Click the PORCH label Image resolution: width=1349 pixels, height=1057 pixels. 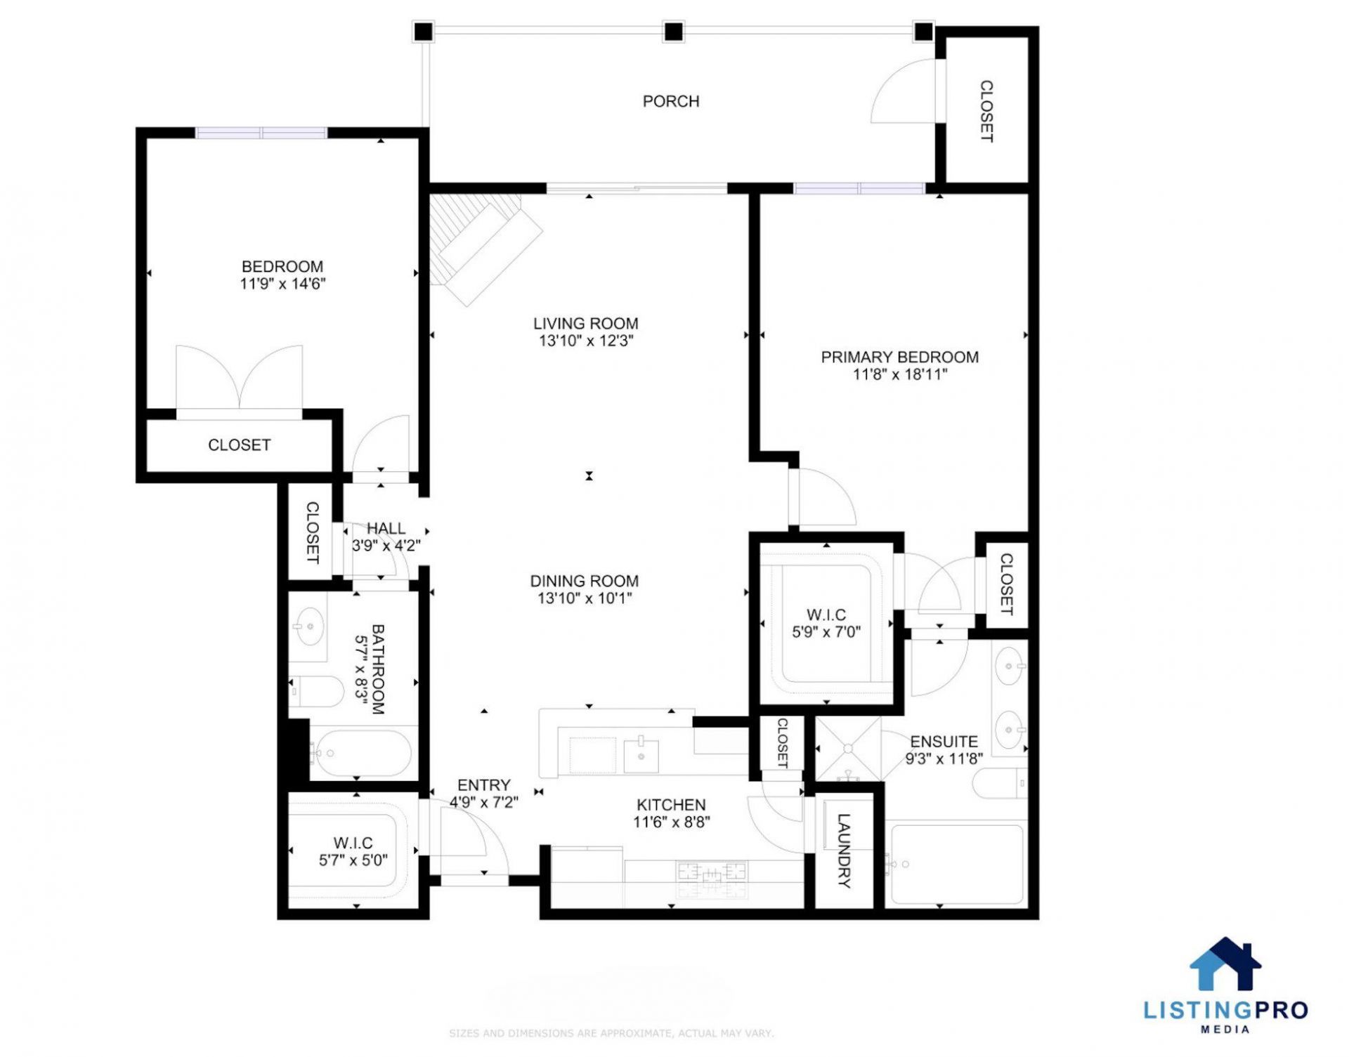(671, 101)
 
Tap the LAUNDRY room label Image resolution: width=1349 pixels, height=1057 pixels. (844, 851)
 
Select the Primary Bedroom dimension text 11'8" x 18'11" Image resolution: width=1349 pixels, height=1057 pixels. (900, 374)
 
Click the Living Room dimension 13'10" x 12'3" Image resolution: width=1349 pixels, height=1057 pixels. (586, 341)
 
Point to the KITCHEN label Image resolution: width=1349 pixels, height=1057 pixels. (671, 805)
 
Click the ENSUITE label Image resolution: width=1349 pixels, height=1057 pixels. (944, 742)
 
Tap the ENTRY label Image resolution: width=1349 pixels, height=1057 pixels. (483, 785)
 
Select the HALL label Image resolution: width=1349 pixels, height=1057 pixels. (386, 528)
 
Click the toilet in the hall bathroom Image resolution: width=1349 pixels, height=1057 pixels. (315, 691)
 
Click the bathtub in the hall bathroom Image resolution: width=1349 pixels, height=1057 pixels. (360, 754)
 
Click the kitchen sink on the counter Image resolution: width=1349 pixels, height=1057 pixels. (641, 756)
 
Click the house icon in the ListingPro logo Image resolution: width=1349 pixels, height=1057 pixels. (1225, 964)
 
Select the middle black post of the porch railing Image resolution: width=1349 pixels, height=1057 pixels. (673, 32)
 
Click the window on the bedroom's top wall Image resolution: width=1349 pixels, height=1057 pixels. (261, 133)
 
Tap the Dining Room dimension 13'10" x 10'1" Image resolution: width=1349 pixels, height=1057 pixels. (585, 598)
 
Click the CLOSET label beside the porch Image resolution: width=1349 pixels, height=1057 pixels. (986, 111)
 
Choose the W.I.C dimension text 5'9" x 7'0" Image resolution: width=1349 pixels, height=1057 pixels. (826, 632)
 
